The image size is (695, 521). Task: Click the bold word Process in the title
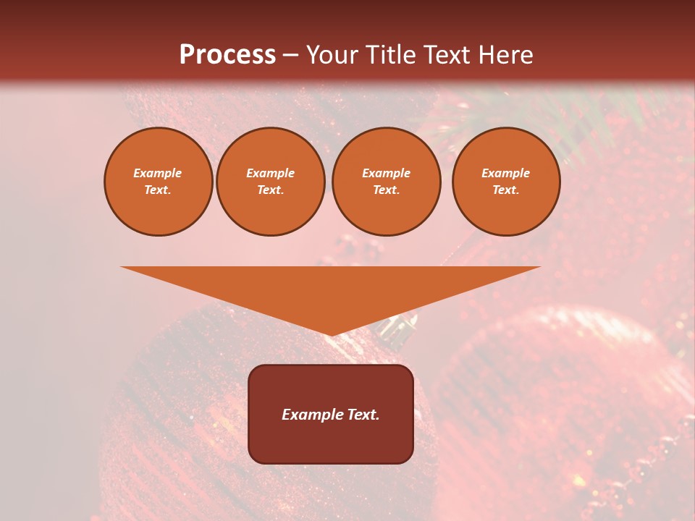click(227, 55)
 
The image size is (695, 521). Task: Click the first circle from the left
click(158, 182)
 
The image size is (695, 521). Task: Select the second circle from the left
click(271, 182)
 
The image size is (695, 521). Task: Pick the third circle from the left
click(386, 182)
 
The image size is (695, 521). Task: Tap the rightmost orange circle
click(506, 182)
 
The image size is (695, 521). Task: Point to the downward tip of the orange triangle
click(331, 334)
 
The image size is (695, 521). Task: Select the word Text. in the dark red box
click(362, 415)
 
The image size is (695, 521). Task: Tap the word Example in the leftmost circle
click(158, 173)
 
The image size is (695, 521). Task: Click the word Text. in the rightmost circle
click(506, 190)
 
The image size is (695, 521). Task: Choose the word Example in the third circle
click(386, 173)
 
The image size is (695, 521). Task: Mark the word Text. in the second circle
click(271, 190)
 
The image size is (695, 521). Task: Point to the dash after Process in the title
click(290, 56)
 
